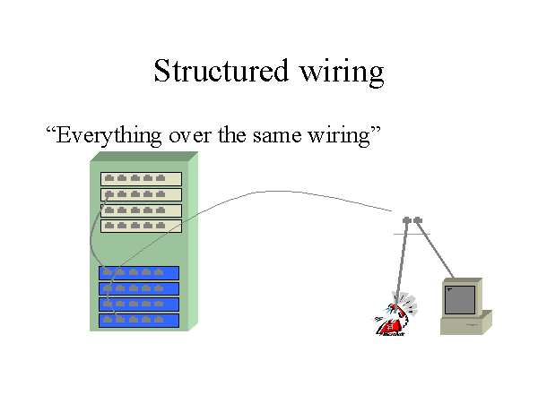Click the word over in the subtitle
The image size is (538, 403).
191,136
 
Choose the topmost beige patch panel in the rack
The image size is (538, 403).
141,178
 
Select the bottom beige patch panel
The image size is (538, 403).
141,226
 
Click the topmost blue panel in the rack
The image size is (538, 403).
139,272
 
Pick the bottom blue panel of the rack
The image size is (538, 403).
139,320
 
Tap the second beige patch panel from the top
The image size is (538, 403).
141,194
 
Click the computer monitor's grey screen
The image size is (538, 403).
460,299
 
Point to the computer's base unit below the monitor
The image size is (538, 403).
465,324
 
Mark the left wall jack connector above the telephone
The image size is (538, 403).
406,219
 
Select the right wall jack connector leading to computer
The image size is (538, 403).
418,219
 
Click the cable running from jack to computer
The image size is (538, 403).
437,251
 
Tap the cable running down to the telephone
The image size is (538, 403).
400,260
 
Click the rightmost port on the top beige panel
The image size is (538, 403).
161,178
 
